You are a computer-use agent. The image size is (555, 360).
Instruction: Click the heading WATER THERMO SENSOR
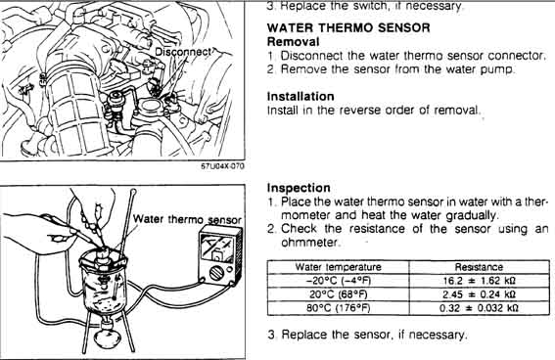(348, 27)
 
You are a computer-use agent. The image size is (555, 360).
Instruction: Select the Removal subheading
(293, 42)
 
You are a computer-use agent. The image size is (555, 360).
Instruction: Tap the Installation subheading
(301, 97)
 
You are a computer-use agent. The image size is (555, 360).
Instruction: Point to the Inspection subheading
(299, 188)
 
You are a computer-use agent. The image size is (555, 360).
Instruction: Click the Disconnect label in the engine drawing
(183, 52)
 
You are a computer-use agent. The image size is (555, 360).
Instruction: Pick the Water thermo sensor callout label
(187, 219)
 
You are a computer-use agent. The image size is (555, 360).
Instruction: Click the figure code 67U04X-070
(222, 166)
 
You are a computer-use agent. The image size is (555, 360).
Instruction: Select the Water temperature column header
(338, 267)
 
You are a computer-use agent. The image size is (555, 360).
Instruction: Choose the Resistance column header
(479, 267)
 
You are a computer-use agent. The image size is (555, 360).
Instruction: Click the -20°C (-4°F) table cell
(338, 281)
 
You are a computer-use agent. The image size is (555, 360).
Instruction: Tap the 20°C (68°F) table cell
(338, 294)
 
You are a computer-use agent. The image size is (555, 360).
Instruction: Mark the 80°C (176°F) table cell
(338, 308)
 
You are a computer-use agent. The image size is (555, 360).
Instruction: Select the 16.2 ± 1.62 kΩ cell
(480, 281)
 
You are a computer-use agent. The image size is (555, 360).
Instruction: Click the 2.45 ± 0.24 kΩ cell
(480, 294)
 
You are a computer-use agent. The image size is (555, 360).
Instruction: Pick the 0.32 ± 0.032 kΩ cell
(480, 308)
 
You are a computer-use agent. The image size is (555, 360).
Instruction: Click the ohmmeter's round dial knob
(216, 273)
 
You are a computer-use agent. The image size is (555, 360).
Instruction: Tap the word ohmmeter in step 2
(309, 243)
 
